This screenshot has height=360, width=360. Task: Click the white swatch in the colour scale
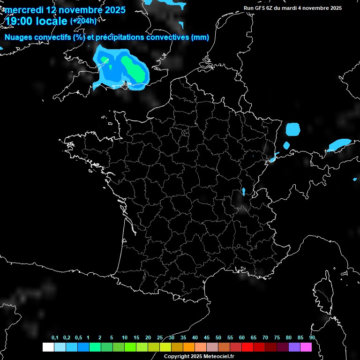48,347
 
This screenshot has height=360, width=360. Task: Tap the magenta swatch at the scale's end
306,347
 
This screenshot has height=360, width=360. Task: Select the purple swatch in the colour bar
294,347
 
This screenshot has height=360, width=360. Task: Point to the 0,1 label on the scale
55,338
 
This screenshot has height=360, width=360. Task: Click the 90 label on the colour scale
312,338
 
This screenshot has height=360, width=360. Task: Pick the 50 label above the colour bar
218,338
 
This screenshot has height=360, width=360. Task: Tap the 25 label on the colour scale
160,338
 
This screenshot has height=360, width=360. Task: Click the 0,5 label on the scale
78,338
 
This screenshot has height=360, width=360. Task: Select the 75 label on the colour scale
277,338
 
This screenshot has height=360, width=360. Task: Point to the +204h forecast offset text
83,21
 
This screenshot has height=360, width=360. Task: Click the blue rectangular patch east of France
293,129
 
